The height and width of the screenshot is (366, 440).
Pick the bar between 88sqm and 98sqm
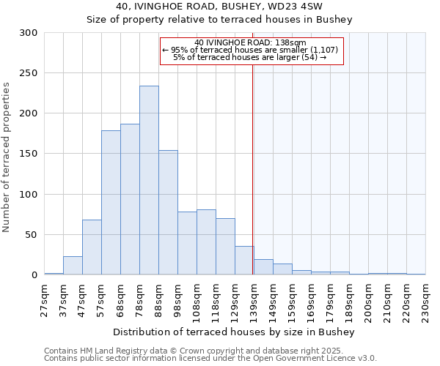168,212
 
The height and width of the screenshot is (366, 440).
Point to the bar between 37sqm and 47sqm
73,266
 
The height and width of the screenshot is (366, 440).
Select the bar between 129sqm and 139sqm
244,261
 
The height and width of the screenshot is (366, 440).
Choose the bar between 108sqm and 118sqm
206,242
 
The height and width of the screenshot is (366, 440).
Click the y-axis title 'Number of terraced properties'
7,157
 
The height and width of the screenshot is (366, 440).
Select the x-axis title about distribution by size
234,332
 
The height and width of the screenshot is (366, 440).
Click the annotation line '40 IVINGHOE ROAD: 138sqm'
251,42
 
